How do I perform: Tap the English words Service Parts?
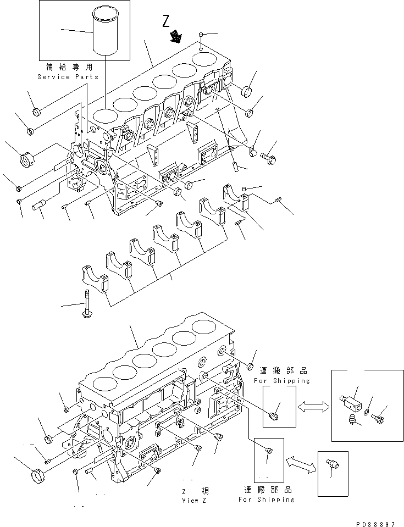(x=69, y=77)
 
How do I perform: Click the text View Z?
(x=193, y=501)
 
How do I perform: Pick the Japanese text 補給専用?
(x=69, y=66)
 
